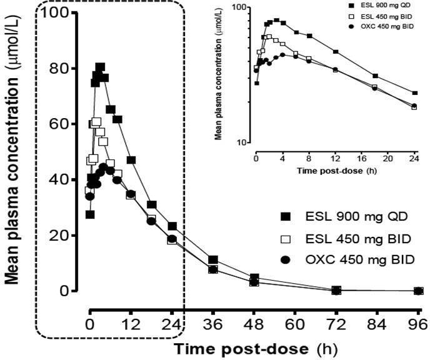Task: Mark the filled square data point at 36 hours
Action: coord(213,259)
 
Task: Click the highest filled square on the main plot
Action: coord(100,67)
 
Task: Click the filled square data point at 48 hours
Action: coord(254,277)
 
